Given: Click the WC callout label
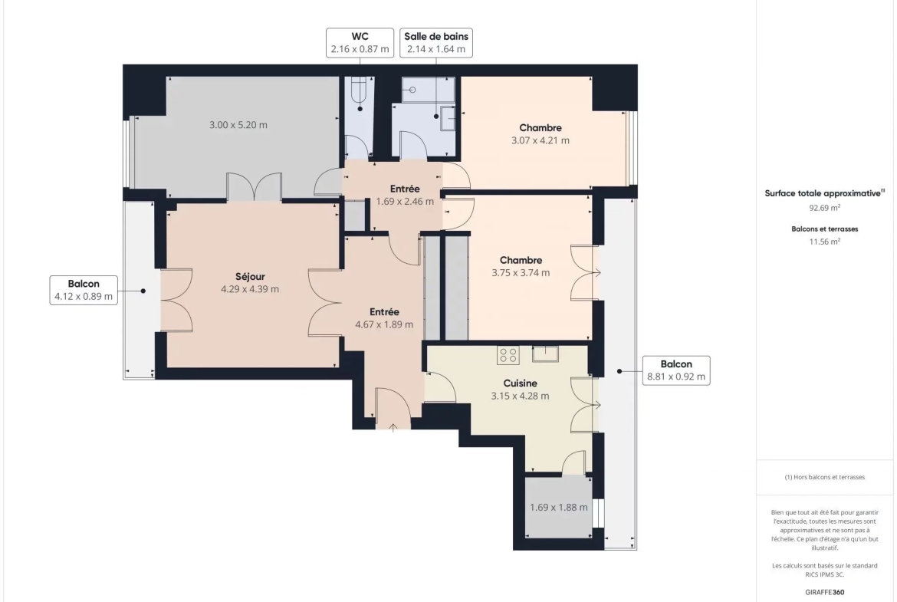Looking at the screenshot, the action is pos(360,42).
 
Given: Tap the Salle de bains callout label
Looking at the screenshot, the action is pos(436,42).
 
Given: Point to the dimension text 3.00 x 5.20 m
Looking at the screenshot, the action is pos(238,125).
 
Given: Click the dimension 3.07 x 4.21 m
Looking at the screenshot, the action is pos(540,140).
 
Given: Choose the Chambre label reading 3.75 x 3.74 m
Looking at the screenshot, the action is pos(521,267).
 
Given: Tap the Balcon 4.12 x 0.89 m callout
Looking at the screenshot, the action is pos(84,290).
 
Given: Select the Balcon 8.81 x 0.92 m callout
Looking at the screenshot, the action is pos(676,370).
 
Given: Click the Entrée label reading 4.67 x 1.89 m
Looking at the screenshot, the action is pos(384,318).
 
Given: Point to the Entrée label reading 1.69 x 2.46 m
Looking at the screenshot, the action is pos(405,195).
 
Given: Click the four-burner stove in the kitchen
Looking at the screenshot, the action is pos(508,355).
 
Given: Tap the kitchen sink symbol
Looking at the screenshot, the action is pos(545,354).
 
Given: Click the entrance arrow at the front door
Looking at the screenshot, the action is pos(393,427).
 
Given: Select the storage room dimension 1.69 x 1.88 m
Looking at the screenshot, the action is pos(558,507).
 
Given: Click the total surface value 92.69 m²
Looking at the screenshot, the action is pos(824,208).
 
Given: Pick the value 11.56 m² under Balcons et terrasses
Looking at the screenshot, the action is pos(824,242).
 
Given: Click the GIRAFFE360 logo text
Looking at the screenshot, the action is pos(824,592).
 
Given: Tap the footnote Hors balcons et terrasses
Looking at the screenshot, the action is pos(824,477).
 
